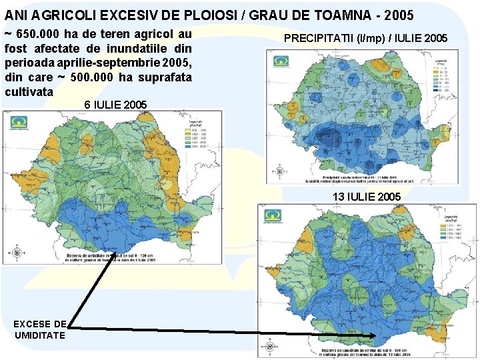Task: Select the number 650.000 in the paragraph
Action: pyautogui.click(x=39, y=34)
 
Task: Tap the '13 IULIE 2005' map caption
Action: pyautogui.click(x=367, y=197)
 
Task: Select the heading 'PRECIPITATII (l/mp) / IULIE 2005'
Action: pyautogui.click(x=365, y=38)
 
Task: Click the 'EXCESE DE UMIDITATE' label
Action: pyautogui.click(x=40, y=329)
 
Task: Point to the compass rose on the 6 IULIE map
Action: pyautogui.click(x=15, y=253)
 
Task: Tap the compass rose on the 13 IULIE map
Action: pyautogui.click(x=269, y=346)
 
